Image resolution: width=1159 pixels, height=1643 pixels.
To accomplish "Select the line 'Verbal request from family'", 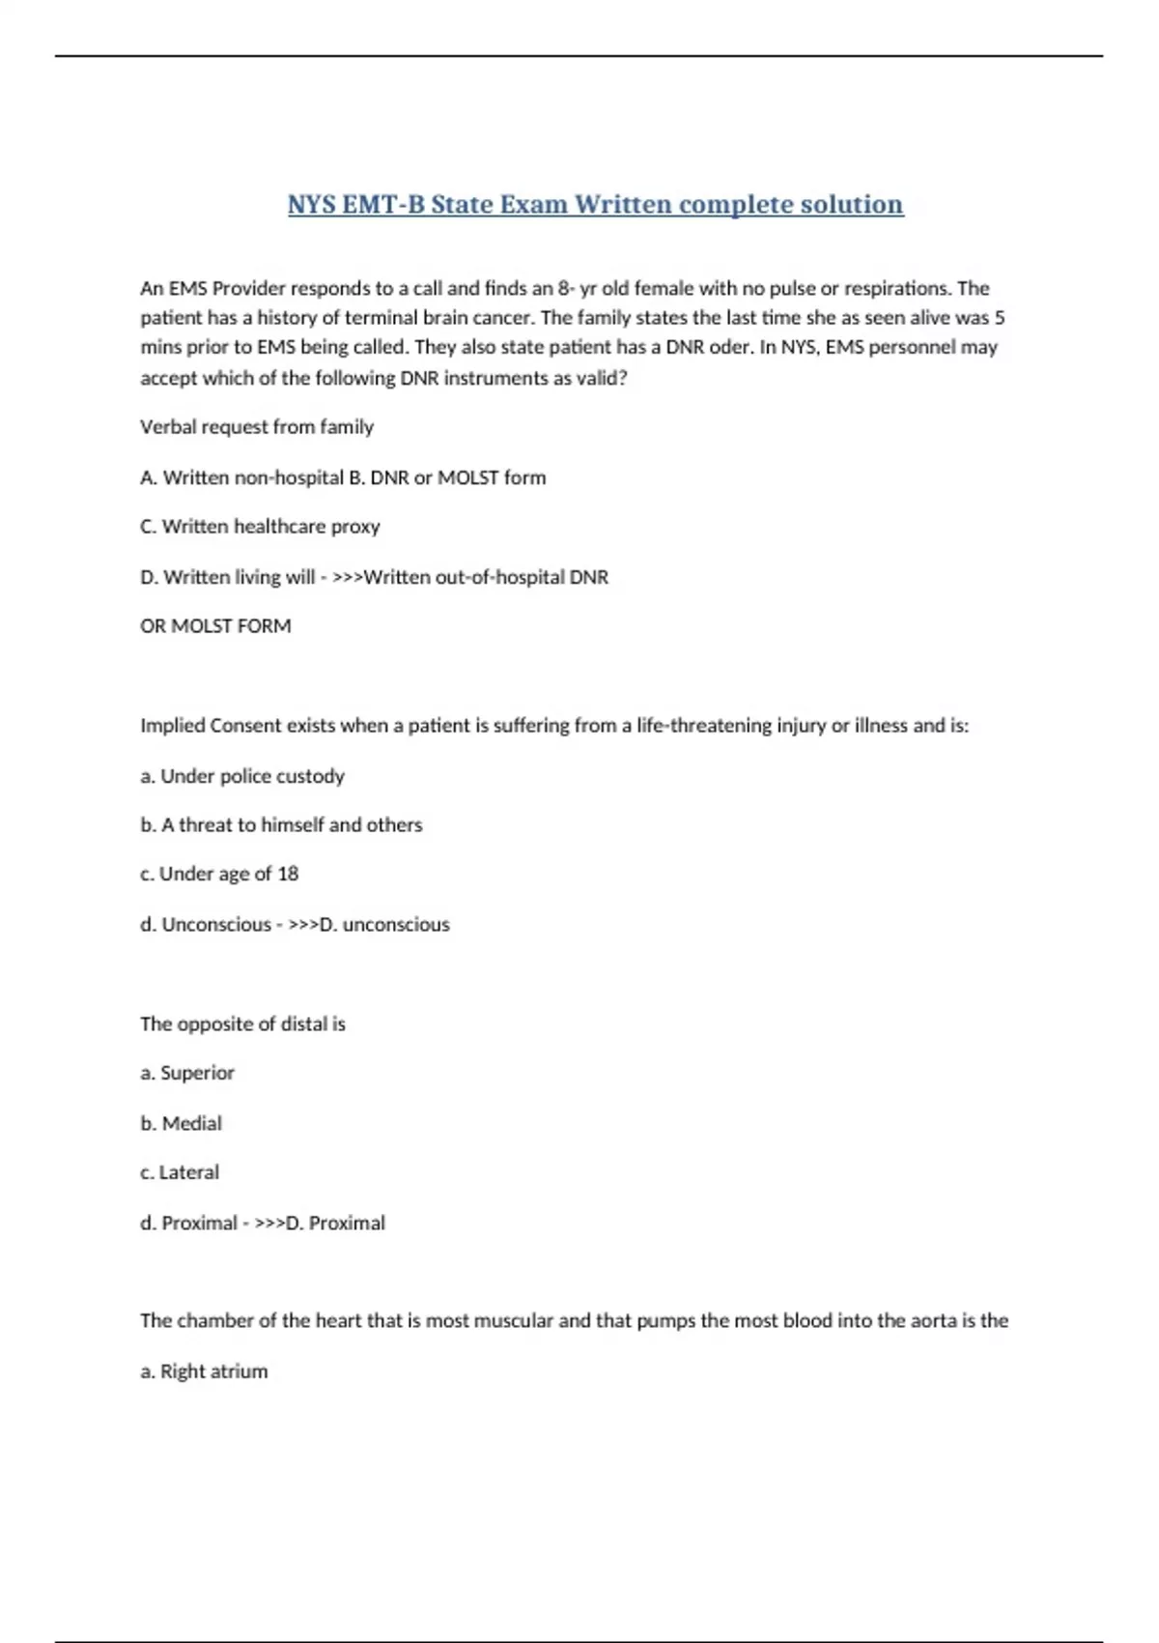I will click(x=257, y=427).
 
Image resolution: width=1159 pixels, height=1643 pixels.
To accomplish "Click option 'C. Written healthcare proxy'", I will click(x=260, y=527).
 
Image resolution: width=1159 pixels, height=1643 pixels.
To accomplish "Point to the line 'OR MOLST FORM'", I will click(x=215, y=626).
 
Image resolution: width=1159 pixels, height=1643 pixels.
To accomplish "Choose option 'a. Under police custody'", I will click(x=242, y=776).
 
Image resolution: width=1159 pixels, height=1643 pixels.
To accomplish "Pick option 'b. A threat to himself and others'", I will click(x=281, y=825).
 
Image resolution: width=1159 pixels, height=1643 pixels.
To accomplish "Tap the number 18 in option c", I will click(x=288, y=874).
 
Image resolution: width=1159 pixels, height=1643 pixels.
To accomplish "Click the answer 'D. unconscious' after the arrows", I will click(x=384, y=925).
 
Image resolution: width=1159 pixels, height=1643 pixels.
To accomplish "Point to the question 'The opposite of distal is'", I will click(x=242, y=1024).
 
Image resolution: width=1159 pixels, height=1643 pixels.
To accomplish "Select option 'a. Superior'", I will click(x=187, y=1073).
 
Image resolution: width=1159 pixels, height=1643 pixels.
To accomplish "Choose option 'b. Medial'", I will click(x=182, y=1123).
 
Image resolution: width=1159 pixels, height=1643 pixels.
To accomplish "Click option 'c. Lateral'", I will click(x=180, y=1172).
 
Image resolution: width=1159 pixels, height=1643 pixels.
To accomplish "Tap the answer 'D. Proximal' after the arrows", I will click(x=336, y=1224).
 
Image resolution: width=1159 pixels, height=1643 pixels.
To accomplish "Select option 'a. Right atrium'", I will click(x=204, y=1371).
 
